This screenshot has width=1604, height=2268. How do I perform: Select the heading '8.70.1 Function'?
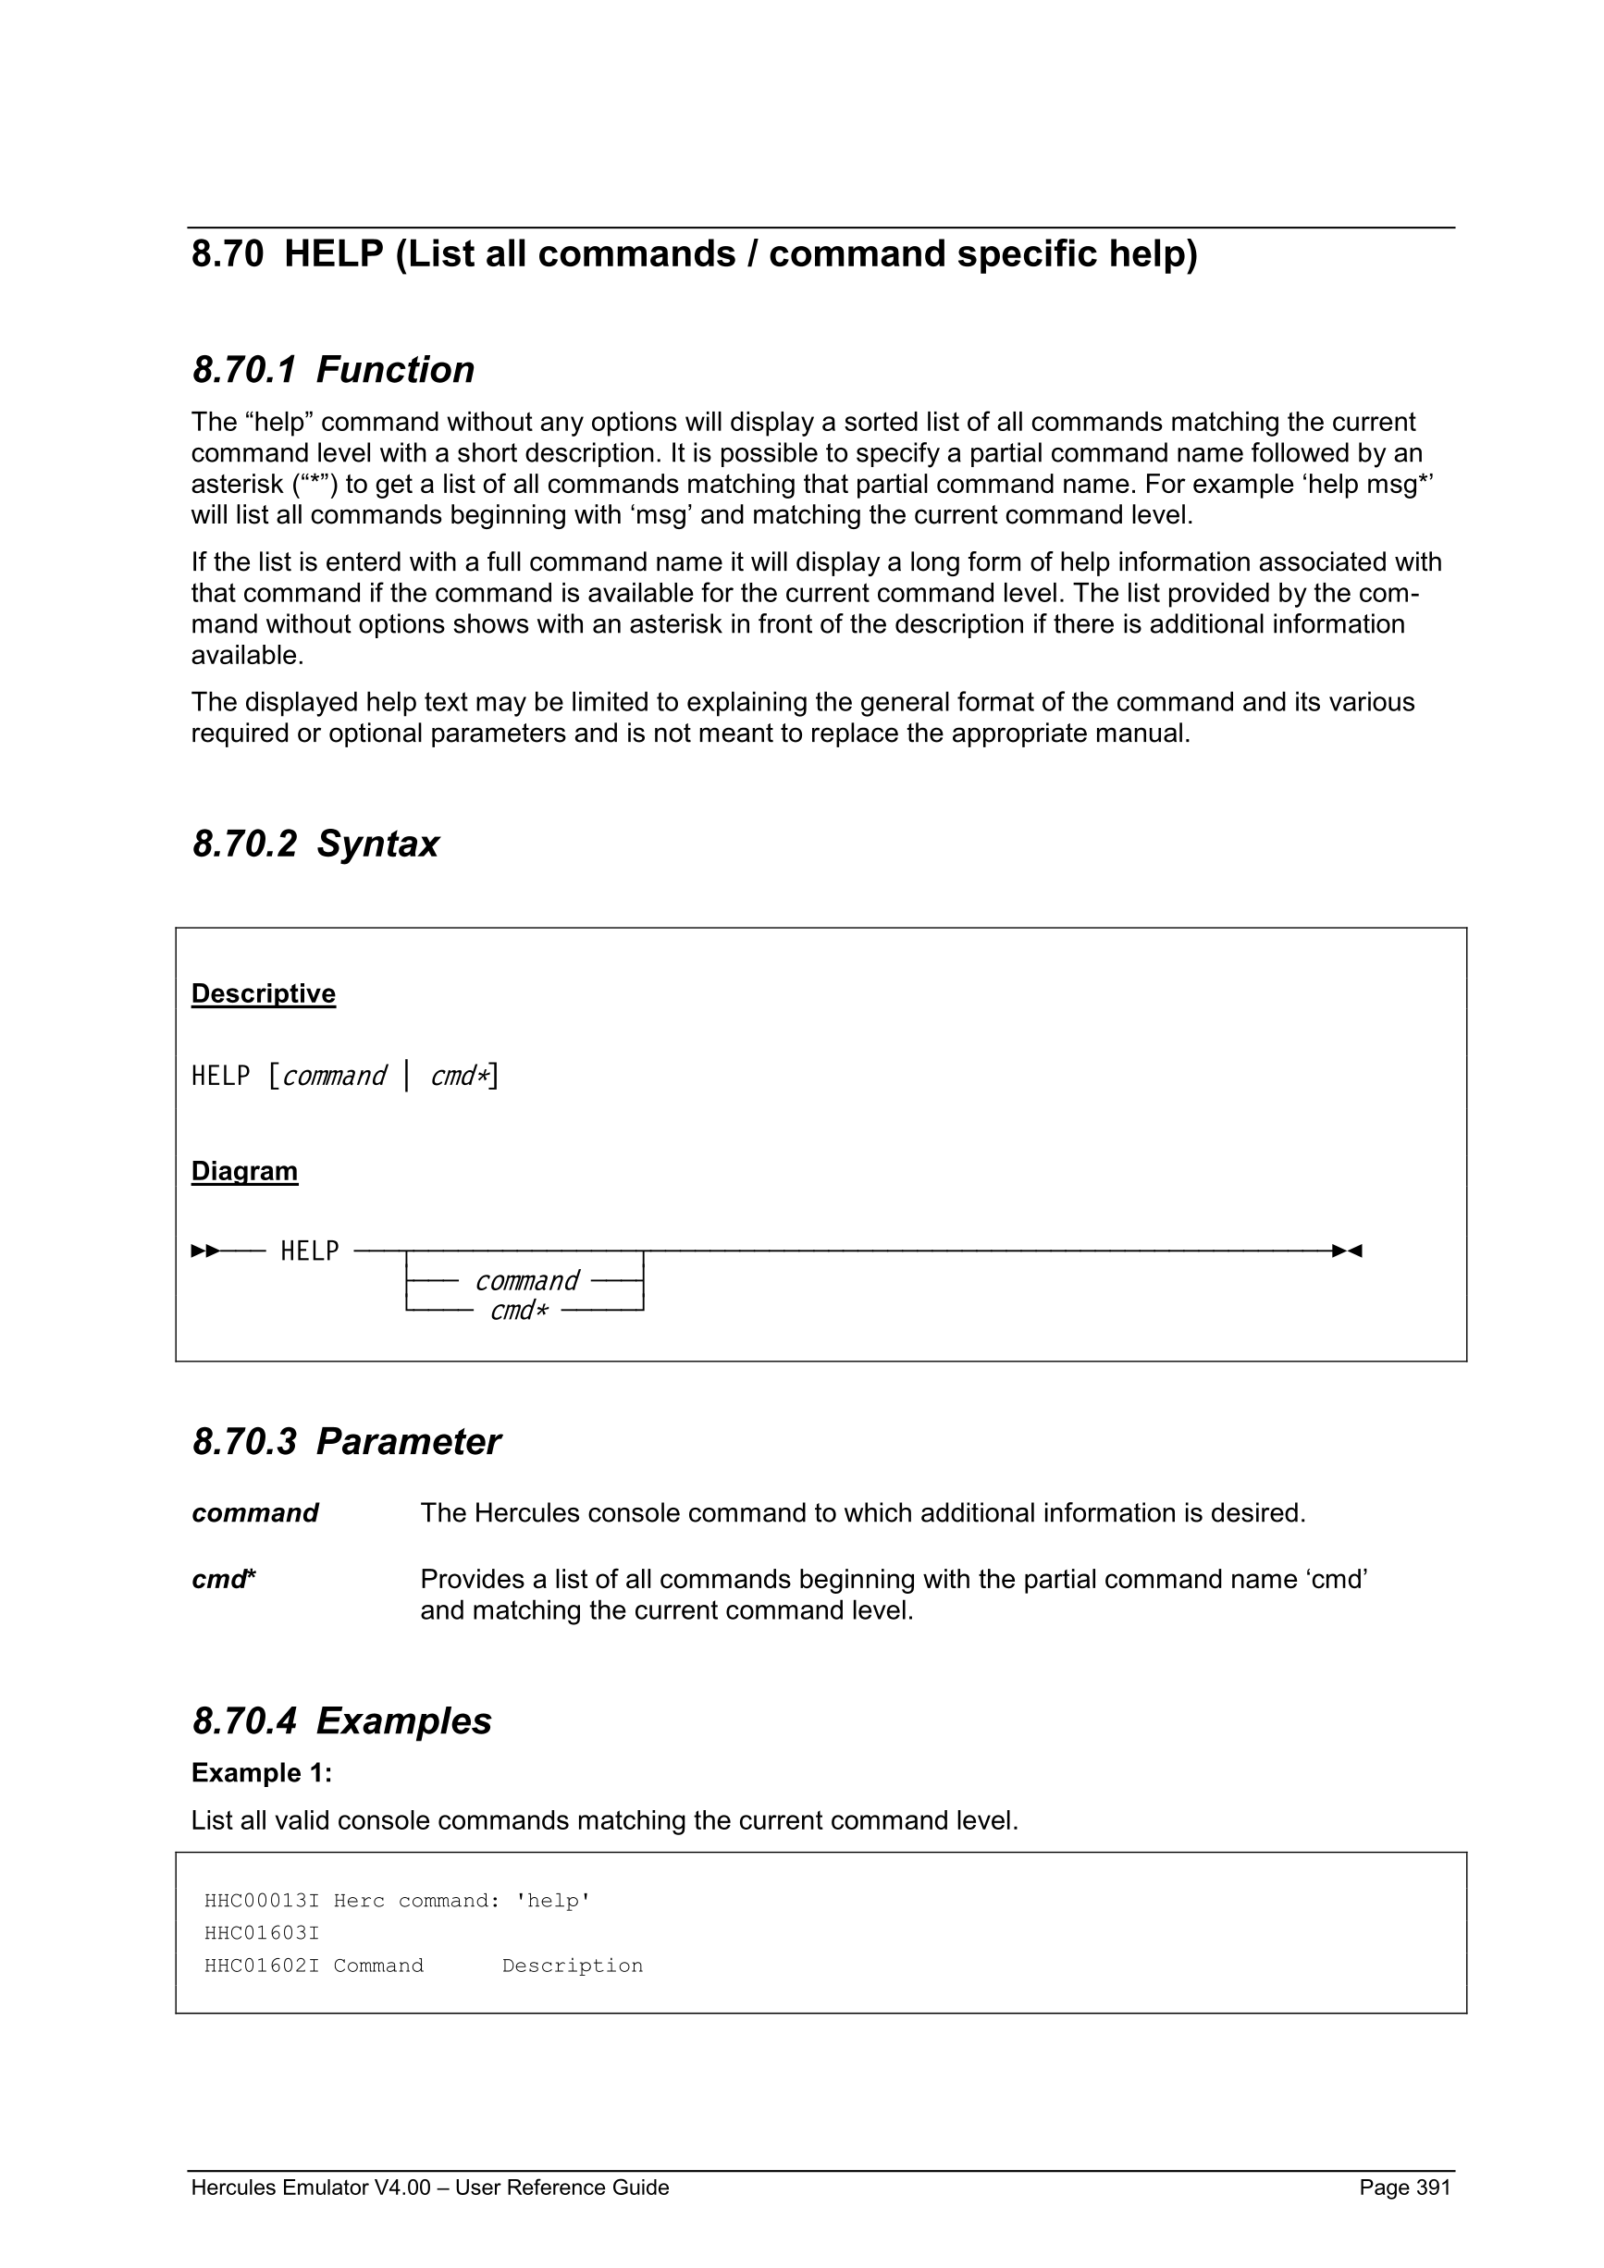pos(333,370)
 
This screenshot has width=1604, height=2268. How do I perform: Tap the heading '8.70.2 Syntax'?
pos(315,844)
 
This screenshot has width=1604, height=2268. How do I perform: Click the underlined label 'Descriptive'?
pos(263,993)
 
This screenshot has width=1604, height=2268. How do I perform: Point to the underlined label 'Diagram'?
pos(244,1172)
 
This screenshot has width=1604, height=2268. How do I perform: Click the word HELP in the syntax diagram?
pos(309,1251)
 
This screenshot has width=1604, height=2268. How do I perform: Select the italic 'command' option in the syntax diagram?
pos(526,1282)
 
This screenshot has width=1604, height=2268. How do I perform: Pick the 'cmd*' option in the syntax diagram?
pos(519,1311)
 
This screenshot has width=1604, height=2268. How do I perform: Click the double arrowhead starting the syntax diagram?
pos(205,1251)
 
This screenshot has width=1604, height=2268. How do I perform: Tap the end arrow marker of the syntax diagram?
pos(1347,1251)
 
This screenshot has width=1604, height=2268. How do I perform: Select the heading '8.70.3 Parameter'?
pos(346,1442)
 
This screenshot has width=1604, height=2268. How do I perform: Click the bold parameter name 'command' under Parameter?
pos(254,1513)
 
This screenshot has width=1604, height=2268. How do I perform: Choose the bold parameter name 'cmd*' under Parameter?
pos(223,1580)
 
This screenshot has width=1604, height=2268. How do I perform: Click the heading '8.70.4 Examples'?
pos(341,1720)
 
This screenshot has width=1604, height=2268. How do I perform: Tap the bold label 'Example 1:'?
pos(262,1773)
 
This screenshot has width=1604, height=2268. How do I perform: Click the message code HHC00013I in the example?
pos(262,1902)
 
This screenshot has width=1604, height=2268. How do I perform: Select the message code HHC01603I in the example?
pos(262,1933)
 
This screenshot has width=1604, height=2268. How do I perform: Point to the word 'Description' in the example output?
pos(572,1966)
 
